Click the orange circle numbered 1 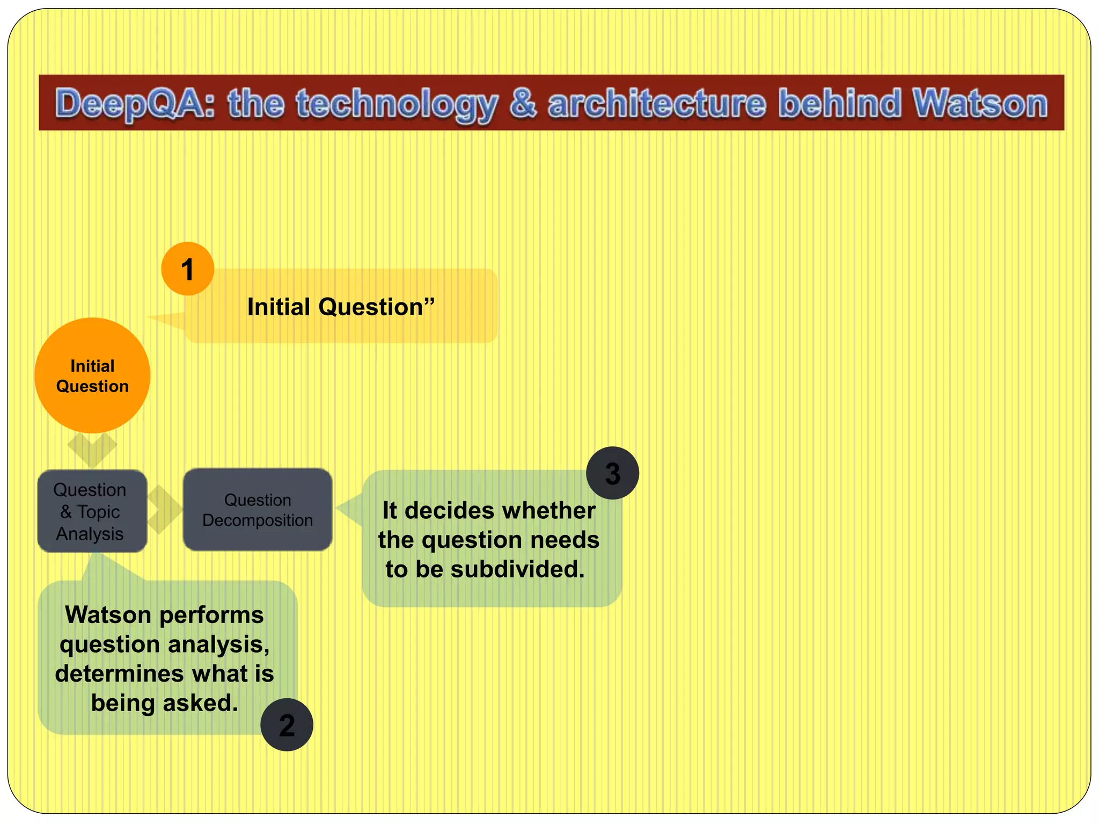(x=187, y=269)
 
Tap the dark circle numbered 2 (x=287, y=725)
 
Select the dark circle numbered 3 (x=612, y=473)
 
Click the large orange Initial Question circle (x=92, y=375)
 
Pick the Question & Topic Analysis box (x=92, y=511)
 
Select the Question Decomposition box (x=258, y=510)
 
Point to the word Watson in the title (x=980, y=103)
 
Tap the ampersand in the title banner (x=522, y=103)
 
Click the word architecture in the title (x=657, y=103)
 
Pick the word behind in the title (x=840, y=103)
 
